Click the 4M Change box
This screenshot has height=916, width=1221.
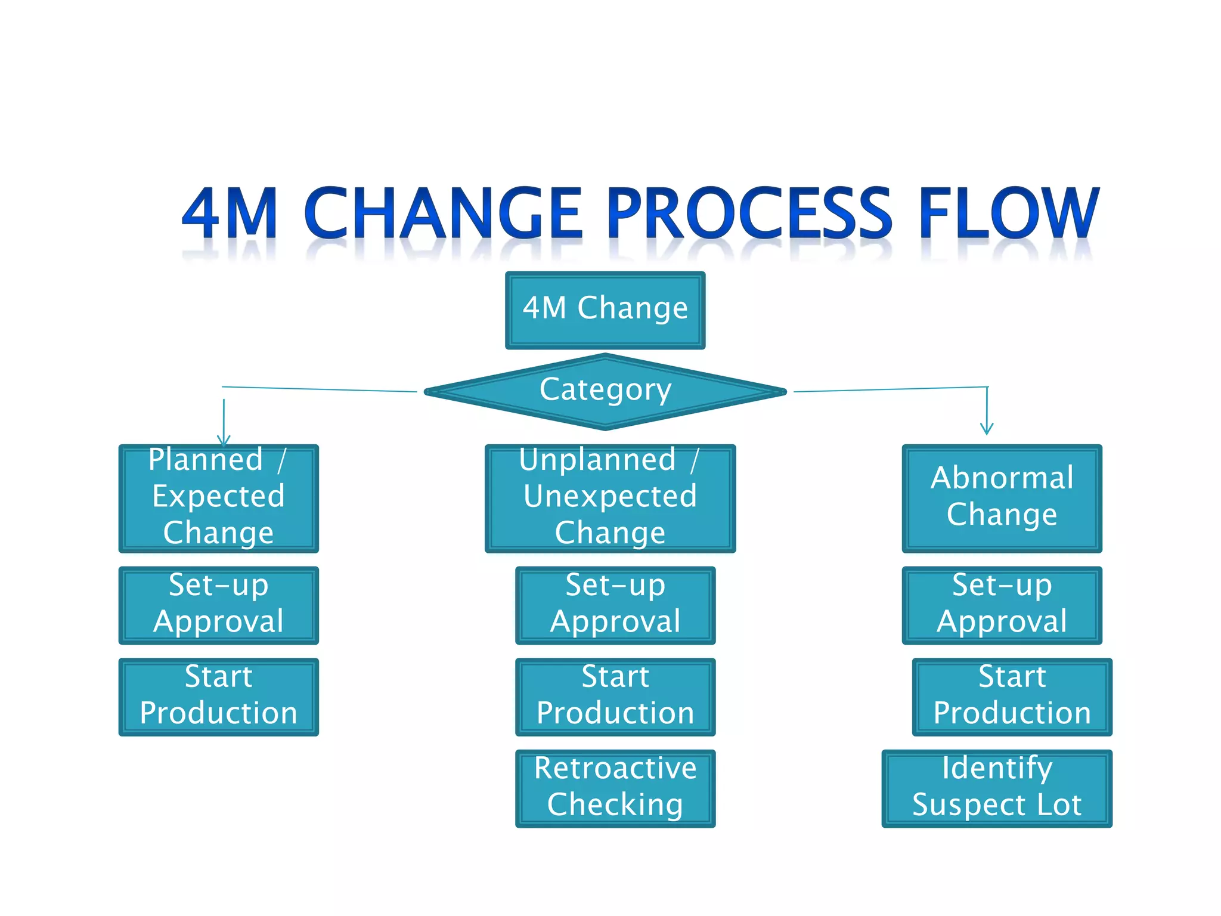click(x=605, y=310)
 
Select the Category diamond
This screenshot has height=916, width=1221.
click(x=605, y=391)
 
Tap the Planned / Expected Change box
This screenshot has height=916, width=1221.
click(x=218, y=499)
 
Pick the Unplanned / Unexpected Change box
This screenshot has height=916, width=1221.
click(x=610, y=499)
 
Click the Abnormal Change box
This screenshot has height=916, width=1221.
click(x=1002, y=499)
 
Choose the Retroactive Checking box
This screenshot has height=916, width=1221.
click(x=615, y=788)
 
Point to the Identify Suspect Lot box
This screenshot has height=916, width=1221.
click(x=997, y=788)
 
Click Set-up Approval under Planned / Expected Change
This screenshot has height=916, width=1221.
click(x=218, y=605)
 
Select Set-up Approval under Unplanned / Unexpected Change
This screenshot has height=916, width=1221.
click(x=615, y=605)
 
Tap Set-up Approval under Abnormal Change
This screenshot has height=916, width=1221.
click(x=1002, y=605)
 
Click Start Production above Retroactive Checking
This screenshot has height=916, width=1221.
click(x=615, y=697)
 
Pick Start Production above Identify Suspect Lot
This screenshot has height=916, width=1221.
click(x=1012, y=697)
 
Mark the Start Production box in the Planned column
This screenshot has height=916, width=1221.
click(x=218, y=697)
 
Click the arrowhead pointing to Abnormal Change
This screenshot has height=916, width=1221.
click(x=987, y=429)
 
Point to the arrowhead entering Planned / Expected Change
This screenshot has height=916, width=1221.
click(x=224, y=441)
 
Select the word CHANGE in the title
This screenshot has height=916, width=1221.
click(x=443, y=213)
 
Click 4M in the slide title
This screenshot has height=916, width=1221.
click(x=230, y=213)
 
